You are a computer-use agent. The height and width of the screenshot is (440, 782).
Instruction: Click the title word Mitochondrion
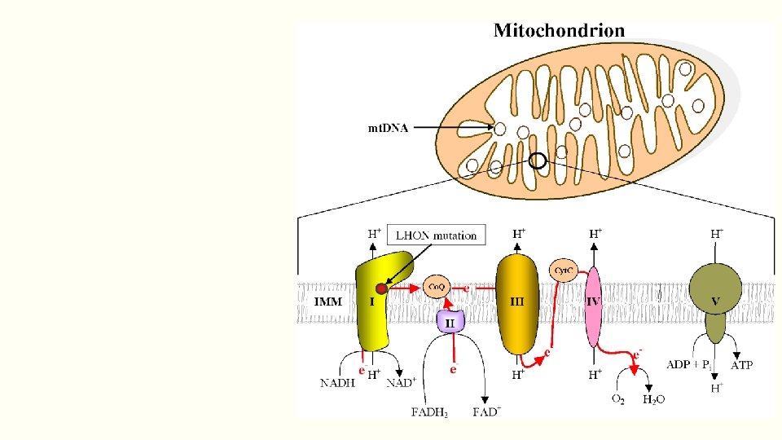[560, 31]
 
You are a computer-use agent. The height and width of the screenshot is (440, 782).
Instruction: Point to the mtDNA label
[388, 127]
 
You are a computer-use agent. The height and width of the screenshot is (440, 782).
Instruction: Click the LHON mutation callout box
[436, 235]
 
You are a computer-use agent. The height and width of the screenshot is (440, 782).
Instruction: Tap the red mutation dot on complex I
[381, 288]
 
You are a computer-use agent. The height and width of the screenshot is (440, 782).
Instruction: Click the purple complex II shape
[450, 321]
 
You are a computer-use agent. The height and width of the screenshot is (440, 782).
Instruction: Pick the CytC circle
[564, 270]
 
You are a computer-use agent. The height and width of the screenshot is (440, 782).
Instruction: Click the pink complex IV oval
[594, 306]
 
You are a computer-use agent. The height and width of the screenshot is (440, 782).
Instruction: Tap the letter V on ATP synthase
[715, 301]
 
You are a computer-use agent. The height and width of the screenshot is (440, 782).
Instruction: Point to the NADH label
[337, 382]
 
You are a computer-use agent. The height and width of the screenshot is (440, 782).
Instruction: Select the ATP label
[741, 366]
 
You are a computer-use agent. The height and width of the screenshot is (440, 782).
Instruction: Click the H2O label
[654, 400]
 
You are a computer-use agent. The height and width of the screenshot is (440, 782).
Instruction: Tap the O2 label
[618, 399]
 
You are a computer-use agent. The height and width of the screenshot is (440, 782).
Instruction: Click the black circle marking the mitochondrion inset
[538, 161]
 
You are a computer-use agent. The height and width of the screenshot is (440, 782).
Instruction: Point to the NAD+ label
[400, 382]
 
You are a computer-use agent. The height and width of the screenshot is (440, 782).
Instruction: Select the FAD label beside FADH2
[487, 411]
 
